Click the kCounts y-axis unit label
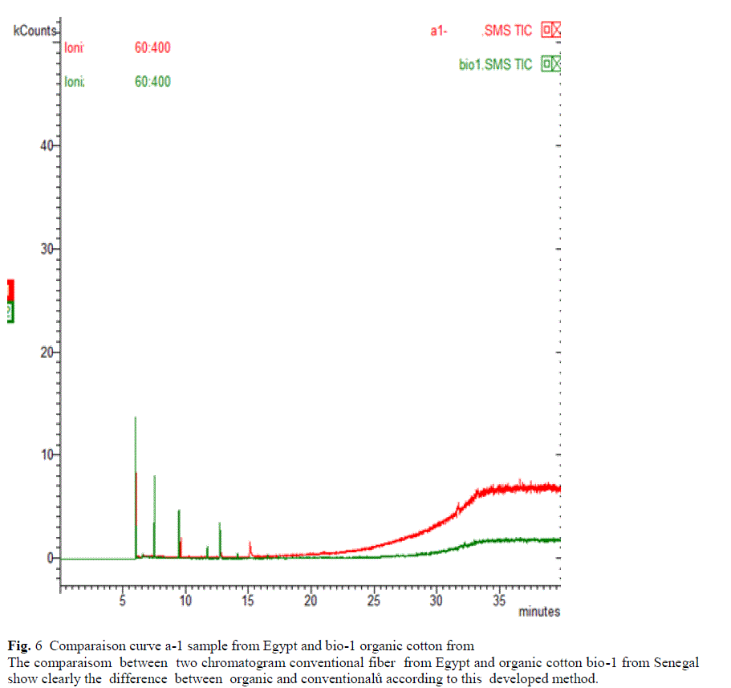coord(34,31)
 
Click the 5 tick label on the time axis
coord(123,600)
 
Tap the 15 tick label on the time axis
coord(248,600)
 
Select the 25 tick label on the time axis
coord(373,600)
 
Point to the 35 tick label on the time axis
coord(498,600)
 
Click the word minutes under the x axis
coord(539,612)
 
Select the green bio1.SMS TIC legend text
coord(495,65)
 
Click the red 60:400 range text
coord(152,48)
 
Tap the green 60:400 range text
coord(152,81)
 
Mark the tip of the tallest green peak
coord(135,418)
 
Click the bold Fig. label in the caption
coord(18,645)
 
